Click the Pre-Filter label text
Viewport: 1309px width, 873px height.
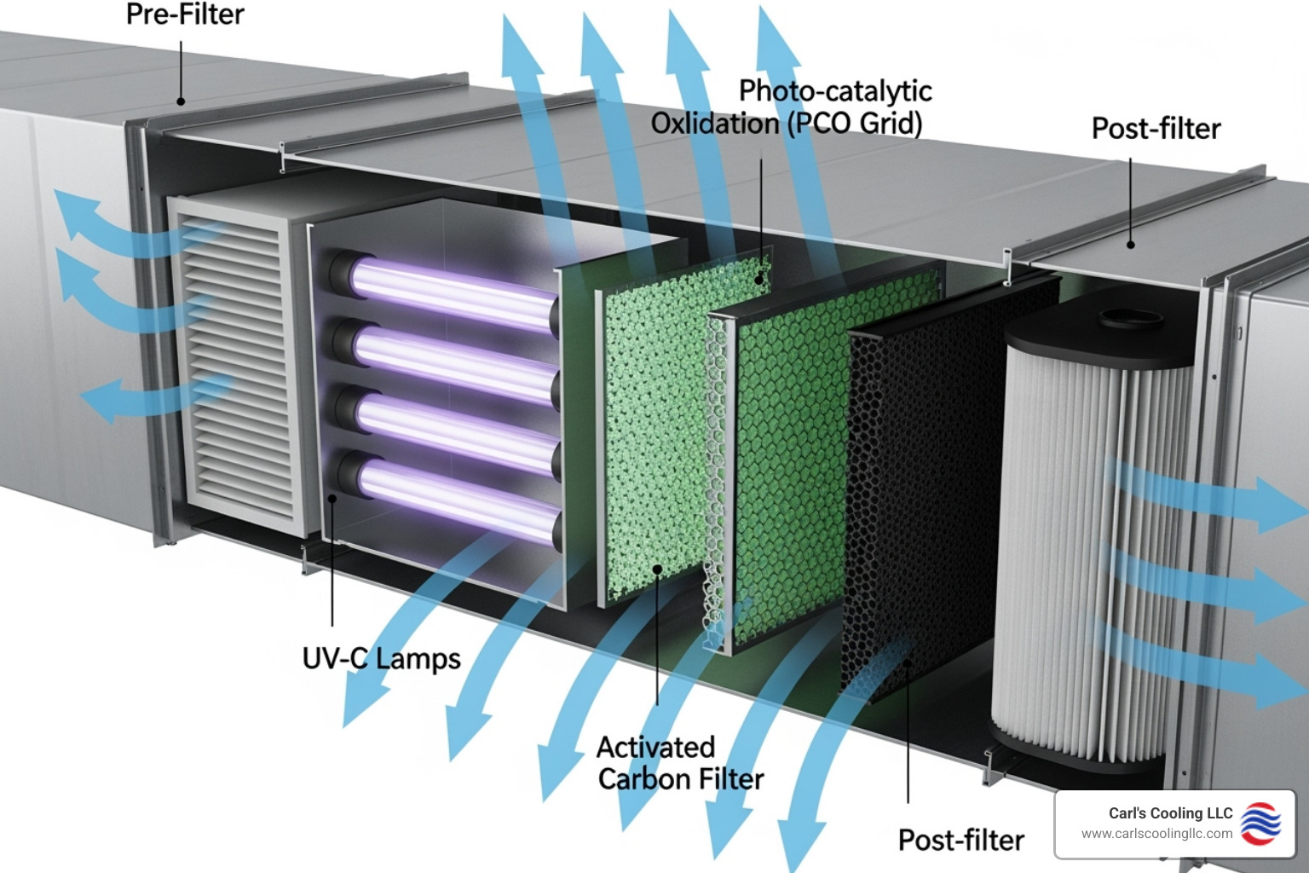(185, 14)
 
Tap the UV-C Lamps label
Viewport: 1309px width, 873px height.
(381, 659)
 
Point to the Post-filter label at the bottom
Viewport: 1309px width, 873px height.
(960, 841)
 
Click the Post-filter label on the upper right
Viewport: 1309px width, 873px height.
(1156, 129)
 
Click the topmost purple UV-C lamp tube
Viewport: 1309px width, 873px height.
(452, 289)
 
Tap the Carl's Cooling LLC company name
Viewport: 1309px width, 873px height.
(1170, 813)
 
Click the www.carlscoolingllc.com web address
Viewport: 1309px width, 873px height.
(1156, 834)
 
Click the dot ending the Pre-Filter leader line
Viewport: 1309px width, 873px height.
(181, 101)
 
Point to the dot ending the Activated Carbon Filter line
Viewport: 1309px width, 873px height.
(657, 569)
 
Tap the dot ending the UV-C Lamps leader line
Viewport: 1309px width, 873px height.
(332, 498)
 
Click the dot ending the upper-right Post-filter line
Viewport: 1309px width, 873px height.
(1131, 245)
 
